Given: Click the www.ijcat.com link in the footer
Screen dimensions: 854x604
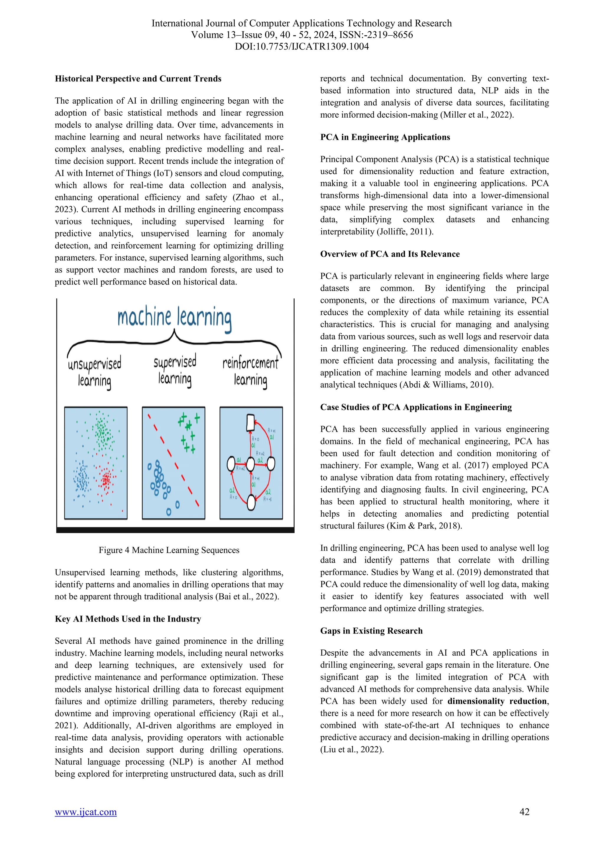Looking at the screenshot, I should [x=86, y=812].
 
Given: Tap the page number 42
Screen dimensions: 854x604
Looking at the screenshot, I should [x=524, y=812].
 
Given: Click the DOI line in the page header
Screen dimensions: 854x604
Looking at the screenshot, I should [x=302, y=47].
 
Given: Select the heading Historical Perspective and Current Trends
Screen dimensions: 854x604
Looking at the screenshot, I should [x=138, y=78].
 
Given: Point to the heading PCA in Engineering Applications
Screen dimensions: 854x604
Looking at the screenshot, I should [x=385, y=137].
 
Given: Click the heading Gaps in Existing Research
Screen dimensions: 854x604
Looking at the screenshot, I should [x=371, y=630].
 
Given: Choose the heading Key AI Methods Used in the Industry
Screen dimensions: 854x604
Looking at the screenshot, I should [x=128, y=619].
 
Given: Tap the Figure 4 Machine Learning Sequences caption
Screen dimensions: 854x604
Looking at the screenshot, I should [x=169, y=550].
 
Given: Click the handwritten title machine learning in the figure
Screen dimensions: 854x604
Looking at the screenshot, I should [x=174, y=318].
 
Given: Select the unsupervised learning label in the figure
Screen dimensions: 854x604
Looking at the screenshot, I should [x=94, y=372].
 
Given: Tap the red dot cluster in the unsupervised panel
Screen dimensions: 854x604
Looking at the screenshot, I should [x=106, y=479].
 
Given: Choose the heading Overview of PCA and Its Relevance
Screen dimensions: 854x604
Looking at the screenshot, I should [x=390, y=254].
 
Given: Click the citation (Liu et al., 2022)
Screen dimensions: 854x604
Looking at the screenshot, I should [x=352, y=749].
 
